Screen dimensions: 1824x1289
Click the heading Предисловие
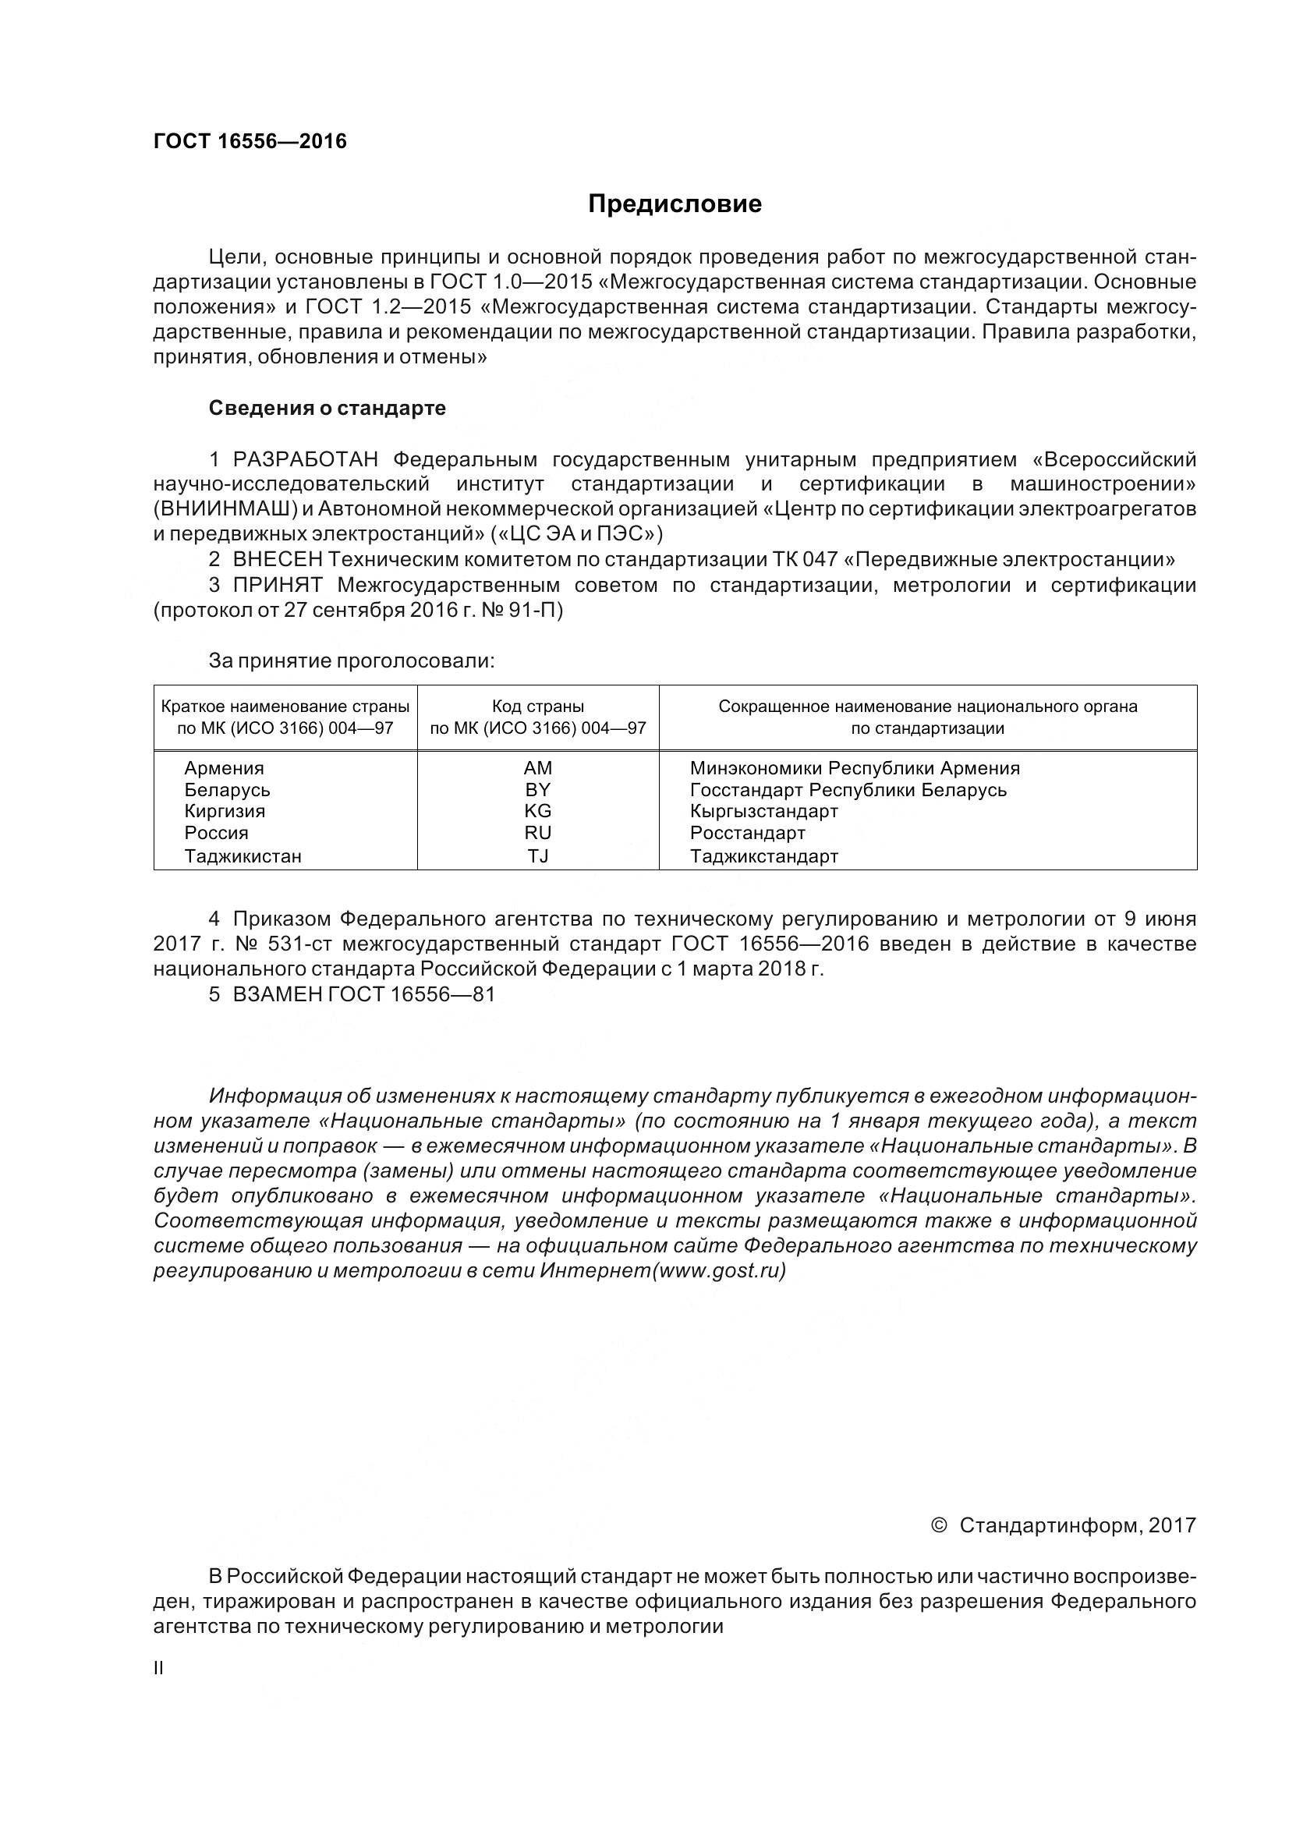coord(675,204)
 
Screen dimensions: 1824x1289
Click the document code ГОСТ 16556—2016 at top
coord(250,141)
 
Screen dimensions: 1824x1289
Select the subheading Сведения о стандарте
coord(328,409)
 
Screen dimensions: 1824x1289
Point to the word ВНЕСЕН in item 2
coord(278,559)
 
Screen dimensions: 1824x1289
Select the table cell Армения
coord(224,768)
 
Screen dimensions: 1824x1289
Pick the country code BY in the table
coord(538,790)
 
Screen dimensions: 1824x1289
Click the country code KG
coord(538,811)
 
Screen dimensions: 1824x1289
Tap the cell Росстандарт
coord(747,833)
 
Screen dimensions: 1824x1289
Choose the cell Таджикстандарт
coord(764,856)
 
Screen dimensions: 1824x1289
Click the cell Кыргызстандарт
coord(764,811)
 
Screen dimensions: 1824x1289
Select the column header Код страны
coord(538,707)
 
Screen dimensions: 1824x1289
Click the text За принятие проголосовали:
coord(351,661)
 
